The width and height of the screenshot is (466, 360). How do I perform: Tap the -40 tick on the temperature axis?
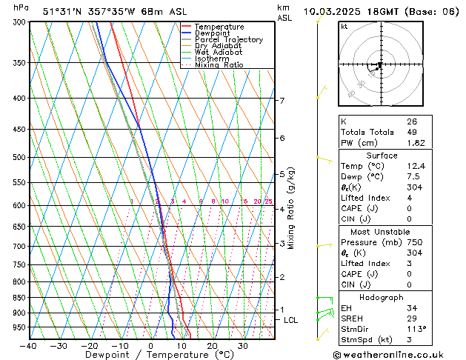click(29, 346)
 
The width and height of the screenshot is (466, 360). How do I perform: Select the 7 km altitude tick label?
click(282, 100)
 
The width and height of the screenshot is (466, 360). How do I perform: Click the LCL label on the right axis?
click(291, 320)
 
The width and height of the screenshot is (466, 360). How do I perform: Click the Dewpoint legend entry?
click(211, 33)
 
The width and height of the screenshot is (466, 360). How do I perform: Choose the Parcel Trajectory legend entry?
click(228, 40)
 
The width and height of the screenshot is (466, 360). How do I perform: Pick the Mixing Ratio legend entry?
click(219, 65)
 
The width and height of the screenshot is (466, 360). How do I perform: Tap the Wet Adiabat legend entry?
click(219, 53)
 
